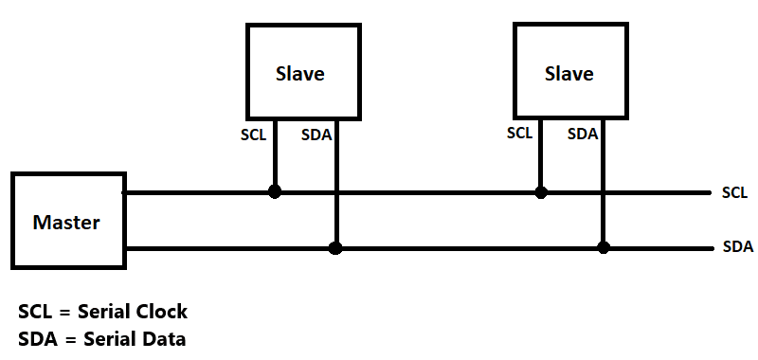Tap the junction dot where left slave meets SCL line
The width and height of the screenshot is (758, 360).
(x=275, y=191)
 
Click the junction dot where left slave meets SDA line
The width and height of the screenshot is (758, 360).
(x=335, y=248)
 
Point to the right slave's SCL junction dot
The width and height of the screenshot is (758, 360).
(x=541, y=191)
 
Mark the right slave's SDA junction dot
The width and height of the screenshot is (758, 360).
(x=604, y=248)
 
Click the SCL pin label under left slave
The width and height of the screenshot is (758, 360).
(x=254, y=135)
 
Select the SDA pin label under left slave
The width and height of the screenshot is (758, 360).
(x=316, y=135)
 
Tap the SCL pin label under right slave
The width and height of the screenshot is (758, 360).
(x=520, y=134)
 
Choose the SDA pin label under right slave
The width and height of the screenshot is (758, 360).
(x=583, y=135)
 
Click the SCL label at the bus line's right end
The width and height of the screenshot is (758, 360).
(x=735, y=193)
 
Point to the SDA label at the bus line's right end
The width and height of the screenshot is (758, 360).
(x=737, y=248)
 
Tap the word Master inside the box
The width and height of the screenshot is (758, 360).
(x=66, y=224)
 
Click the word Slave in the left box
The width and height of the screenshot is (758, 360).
(x=299, y=74)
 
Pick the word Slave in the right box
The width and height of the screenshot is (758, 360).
(x=568, y=74)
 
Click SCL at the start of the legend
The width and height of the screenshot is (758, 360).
(x=36, y=312)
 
